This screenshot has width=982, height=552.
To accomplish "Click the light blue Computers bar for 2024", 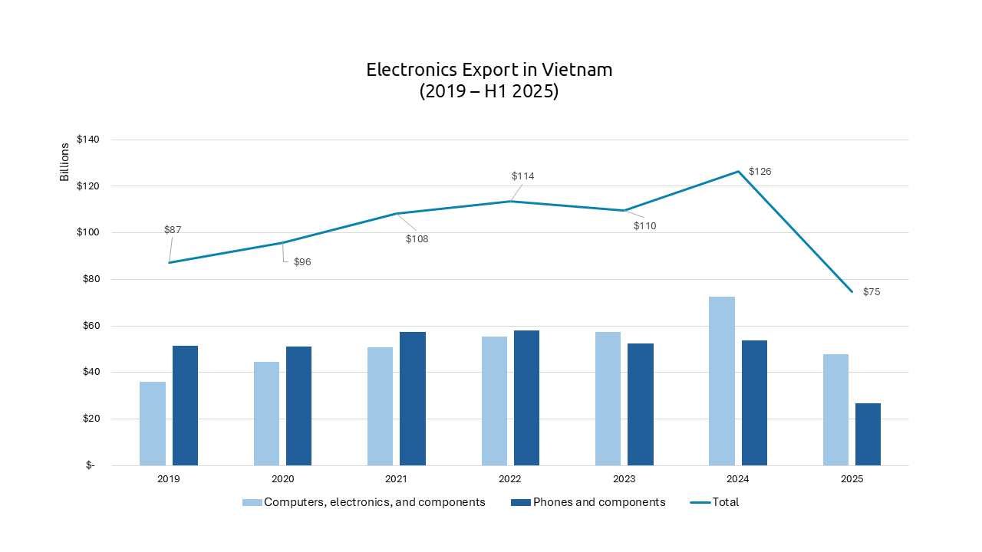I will (721, 381).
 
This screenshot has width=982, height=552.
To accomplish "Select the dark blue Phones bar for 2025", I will (868, 434).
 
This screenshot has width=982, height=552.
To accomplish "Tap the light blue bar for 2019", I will (153, 423).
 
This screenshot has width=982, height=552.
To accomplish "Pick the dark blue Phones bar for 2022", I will (526, 398).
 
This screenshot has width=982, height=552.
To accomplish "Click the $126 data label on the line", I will (760, 172).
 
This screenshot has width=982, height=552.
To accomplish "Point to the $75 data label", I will (872, 292).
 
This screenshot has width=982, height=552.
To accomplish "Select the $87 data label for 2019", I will (173, 230).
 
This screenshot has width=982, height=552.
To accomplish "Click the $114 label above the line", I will (522, 176).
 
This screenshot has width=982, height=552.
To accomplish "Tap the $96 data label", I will (302, 262).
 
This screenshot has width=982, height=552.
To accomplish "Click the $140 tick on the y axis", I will (88, 140).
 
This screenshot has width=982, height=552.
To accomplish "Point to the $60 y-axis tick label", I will (91, 326).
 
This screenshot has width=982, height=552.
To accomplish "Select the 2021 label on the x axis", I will (396, 479).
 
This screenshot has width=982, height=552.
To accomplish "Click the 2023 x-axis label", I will (624, 479).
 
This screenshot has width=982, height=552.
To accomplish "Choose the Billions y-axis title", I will (64, 163).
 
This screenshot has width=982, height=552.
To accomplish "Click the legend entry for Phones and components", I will (598, 502).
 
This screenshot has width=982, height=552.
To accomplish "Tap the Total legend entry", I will (725, 502).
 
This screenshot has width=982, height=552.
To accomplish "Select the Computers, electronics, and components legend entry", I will (374, 502).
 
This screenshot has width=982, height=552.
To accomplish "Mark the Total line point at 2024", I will (738, 172).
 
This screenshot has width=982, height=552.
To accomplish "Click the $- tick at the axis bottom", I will (91, 465).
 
